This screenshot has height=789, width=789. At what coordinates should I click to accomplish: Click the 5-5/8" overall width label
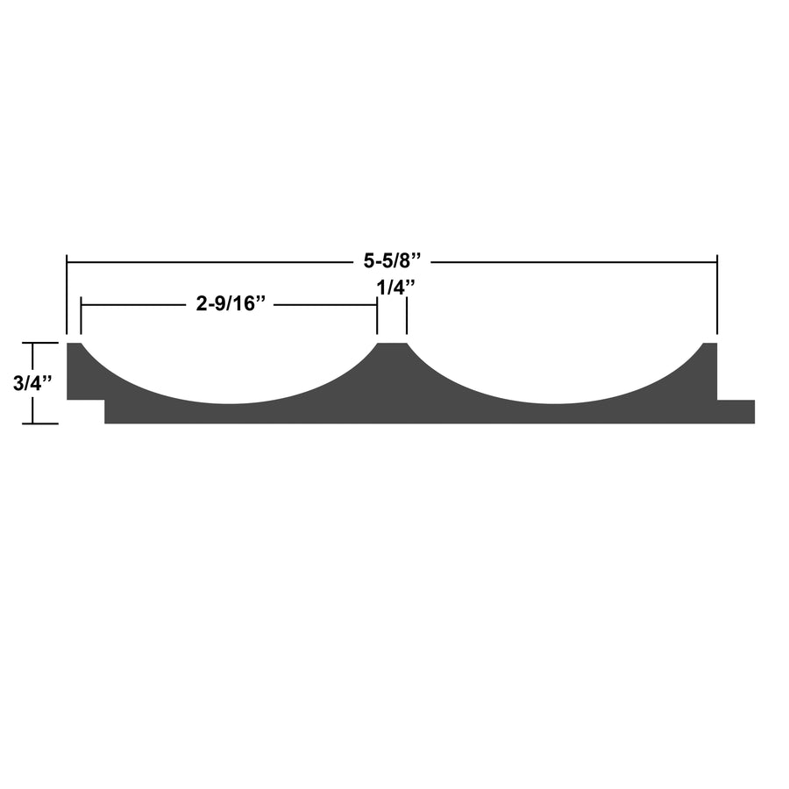(393, 260)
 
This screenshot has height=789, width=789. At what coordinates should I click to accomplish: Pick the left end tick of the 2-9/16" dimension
(81, 316)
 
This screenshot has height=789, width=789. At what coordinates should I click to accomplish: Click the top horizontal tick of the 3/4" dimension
(33, 343)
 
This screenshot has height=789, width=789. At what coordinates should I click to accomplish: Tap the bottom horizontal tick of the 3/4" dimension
(33, 423)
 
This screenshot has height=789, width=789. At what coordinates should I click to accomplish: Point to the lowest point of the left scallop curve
(230, 403)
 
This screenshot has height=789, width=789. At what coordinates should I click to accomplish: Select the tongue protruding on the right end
(736, 411)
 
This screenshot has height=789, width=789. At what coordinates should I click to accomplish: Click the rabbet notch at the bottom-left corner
(85, 412)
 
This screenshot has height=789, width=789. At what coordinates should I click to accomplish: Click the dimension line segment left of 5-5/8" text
(210, 261)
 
